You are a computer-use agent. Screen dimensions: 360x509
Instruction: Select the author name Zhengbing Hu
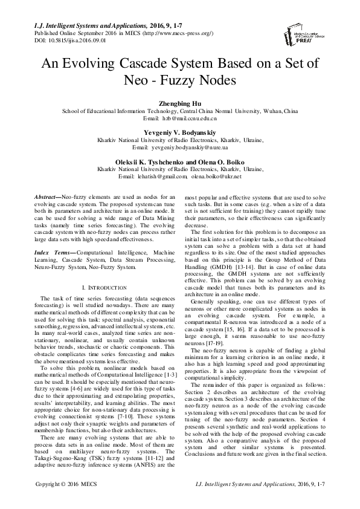coord(180,104)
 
